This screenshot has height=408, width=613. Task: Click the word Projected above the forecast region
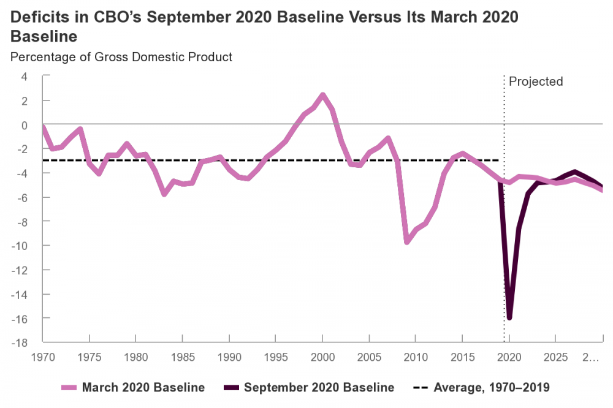535,81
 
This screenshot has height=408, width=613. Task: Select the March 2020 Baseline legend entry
132,387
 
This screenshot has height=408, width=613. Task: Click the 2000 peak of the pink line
323,95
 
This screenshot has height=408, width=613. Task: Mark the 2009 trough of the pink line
406,242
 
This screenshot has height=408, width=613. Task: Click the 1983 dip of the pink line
164,194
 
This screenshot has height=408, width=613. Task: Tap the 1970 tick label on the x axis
43,356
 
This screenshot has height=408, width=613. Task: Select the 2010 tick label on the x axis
416,356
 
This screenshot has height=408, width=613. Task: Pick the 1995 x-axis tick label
276,356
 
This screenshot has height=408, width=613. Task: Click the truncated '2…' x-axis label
590,356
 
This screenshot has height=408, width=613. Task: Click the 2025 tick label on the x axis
555,356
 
